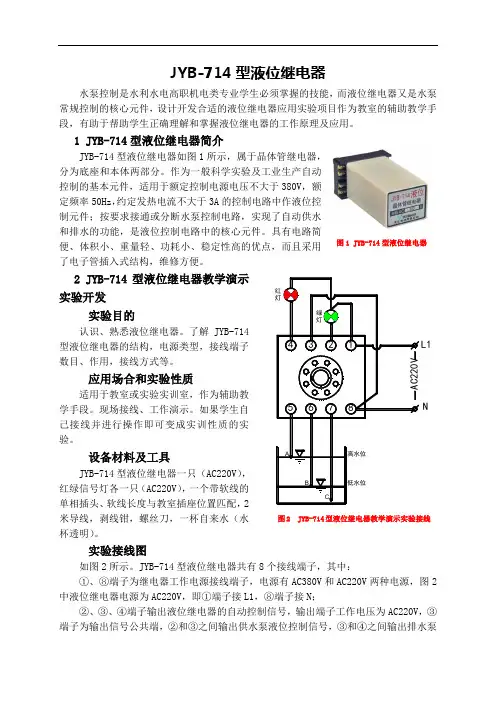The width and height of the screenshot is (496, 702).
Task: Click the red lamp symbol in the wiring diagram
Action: (291, 295)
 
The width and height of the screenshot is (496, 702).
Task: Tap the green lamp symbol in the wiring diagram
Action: (331, 317)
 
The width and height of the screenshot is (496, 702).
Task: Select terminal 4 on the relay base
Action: (291, 345)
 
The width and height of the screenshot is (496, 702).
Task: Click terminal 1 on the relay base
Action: (351, 345)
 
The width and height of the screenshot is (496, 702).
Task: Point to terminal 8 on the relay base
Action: (351, 408)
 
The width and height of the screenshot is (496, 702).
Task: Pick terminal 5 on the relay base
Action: (291, 408)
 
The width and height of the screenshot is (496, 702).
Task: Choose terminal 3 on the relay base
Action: (311, 345)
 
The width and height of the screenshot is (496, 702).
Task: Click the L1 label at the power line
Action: (425, 344)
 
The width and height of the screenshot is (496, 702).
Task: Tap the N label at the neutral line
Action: (425, 407)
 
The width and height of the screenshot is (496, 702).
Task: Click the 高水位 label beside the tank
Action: (357, 454)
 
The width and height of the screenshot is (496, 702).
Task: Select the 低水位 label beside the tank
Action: (357, 483)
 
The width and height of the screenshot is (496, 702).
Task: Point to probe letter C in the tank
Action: (327, 497)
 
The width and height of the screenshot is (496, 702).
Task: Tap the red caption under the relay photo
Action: (381, 243)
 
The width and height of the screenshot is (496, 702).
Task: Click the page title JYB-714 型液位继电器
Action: (248, 73)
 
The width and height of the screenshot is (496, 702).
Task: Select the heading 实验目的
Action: (111, 316)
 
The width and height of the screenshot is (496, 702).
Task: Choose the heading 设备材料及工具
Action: (129, 458)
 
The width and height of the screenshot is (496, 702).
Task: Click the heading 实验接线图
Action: (117, 550)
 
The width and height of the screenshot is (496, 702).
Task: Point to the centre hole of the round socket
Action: (321, 378)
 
